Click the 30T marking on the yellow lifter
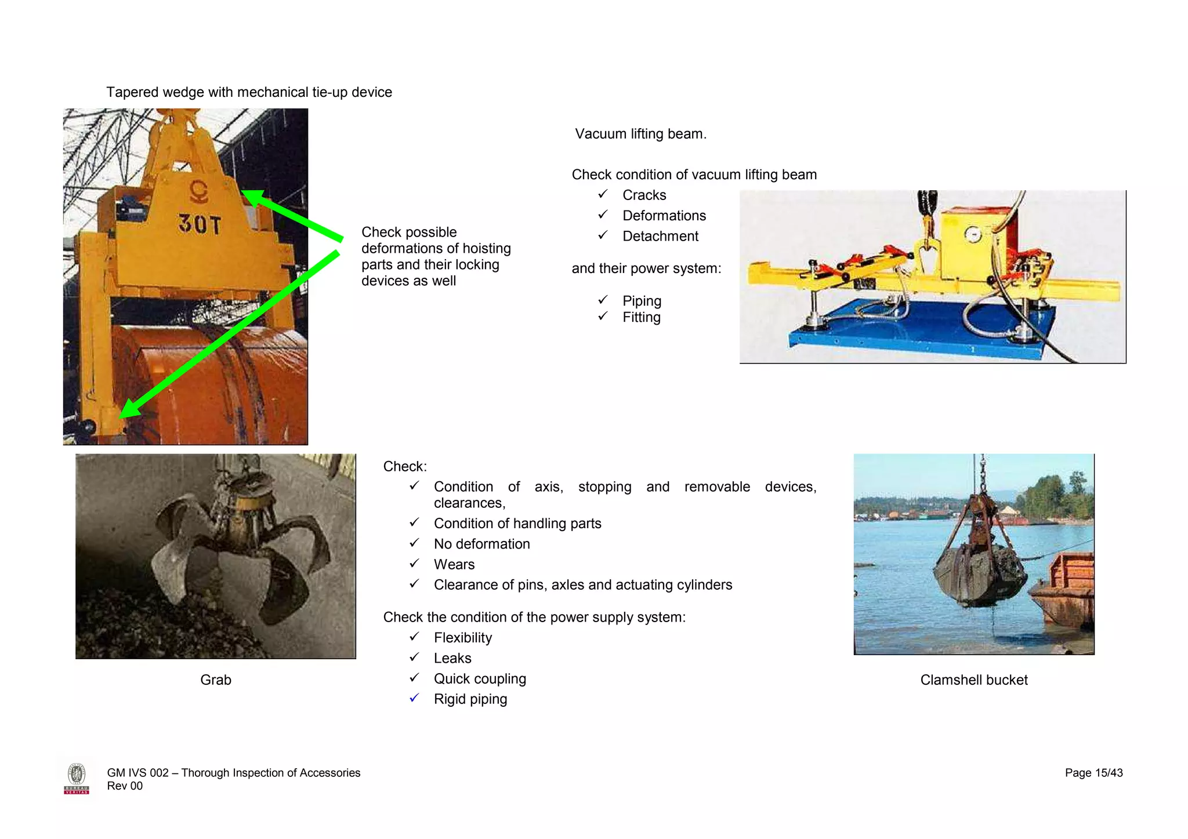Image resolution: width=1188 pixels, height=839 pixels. point(199,224)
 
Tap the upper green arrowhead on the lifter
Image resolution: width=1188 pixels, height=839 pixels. point(253,198)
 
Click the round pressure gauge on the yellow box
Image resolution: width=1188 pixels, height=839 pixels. point(973,235)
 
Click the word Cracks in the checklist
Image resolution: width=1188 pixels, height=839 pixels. point(644,195)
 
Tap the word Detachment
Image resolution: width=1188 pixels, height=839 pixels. point(660,237)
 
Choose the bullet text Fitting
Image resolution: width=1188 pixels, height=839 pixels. point(641,317)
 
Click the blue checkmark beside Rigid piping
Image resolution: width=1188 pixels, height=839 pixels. point(414,698)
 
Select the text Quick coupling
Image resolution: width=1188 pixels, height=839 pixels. point(480,679)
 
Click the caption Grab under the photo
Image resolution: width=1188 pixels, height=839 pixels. point(216,680)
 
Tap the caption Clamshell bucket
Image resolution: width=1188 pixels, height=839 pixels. point(973,680)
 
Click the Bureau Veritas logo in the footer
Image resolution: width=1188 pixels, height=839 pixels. point(77,779)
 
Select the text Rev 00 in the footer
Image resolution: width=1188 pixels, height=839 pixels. point(125,786)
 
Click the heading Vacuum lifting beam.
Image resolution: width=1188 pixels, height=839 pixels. point(640,134)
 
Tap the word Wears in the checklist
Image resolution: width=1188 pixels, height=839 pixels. point(454,565)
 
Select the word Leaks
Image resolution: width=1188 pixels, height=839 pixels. point(452,659)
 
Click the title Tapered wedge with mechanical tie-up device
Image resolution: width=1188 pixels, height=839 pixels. point(249,92)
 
